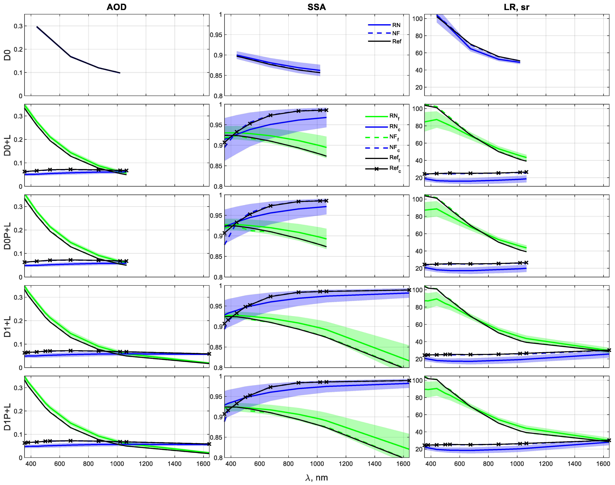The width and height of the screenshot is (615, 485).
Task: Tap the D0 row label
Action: click(7, 55)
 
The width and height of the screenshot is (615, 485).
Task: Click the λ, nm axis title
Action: click(317, 478)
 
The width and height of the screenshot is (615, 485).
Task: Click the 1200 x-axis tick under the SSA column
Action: click(346, 464)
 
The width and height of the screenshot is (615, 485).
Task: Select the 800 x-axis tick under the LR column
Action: click(488, 464)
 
